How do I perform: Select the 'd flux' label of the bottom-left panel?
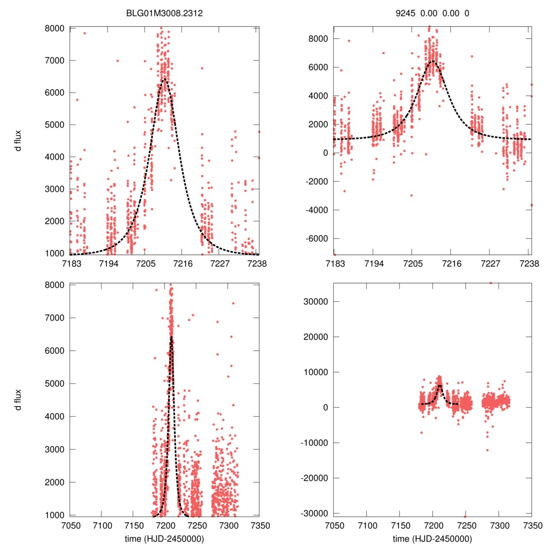click(x=20, y=399)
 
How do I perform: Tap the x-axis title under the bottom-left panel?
click(x=164, y=539)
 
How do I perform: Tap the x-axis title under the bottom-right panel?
click(x=432, y=539)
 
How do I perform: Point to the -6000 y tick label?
click(x=317, y=238)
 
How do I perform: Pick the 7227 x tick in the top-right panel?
click(x=490, y=263)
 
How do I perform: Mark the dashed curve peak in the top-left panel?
click(x=164, y=79)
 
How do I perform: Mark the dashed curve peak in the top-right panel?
click(x=432, y=61)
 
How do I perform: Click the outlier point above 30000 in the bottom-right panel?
click(x=491, y=283)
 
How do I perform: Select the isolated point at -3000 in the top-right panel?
click(x=411, y=195)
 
